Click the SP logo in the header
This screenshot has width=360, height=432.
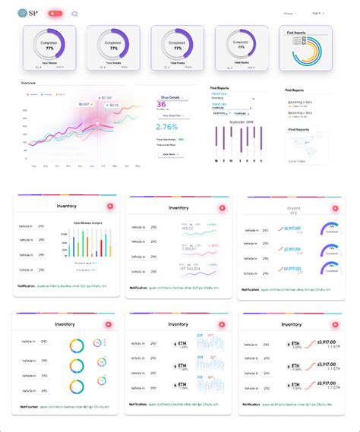(29, 13)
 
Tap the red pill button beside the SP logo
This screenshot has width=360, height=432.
(55, 14)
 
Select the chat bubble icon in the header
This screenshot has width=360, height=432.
(74, 14)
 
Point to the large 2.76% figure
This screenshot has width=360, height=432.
(166, 126)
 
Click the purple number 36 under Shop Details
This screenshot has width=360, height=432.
(161, 105)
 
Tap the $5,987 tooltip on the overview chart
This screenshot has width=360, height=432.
(83, 104)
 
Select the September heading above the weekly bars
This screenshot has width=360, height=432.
(240, 121)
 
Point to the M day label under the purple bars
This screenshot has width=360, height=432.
(216, 161)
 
